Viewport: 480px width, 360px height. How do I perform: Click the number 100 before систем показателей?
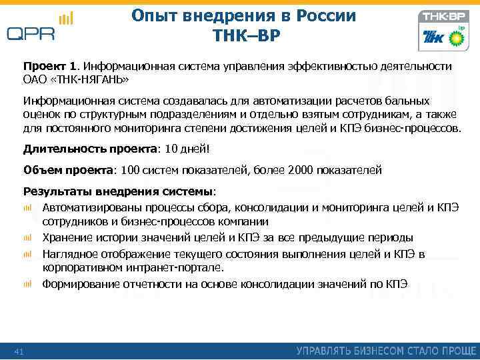click(x=131, y=170)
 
